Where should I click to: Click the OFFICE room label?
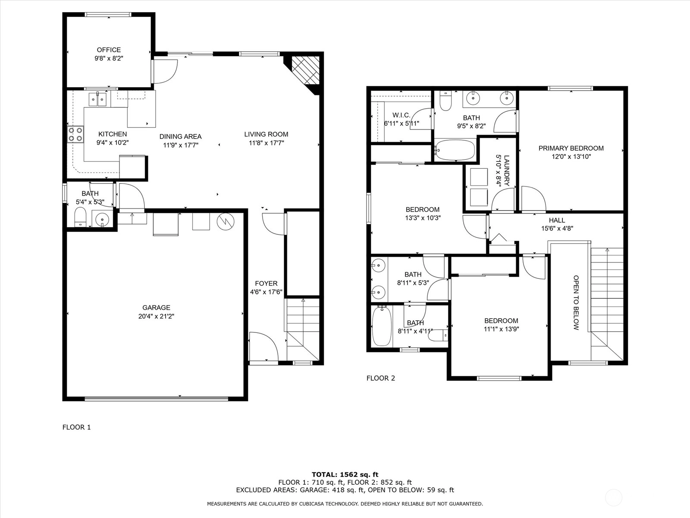click(109, 50)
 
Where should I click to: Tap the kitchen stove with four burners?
click(75, 134)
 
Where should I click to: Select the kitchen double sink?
click(97, 99)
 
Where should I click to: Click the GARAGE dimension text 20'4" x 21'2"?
click(156, 316)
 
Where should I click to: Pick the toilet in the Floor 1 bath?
click(81, 216)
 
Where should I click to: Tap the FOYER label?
click(266, 283)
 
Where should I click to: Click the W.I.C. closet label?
click(401, 115)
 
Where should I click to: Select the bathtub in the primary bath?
click(455, 150)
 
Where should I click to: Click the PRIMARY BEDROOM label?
click(571, 148)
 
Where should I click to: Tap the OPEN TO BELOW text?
click(576, 303)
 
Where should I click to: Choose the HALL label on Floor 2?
click(557, 220)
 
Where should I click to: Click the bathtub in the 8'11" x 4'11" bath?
click(382, 326)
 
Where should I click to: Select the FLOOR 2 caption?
click(381, 378)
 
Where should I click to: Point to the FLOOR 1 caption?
click(76, 427)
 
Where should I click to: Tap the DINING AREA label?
click(180, 136)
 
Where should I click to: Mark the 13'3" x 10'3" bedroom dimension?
click(423, 218)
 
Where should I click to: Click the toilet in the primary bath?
click(445, 101)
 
